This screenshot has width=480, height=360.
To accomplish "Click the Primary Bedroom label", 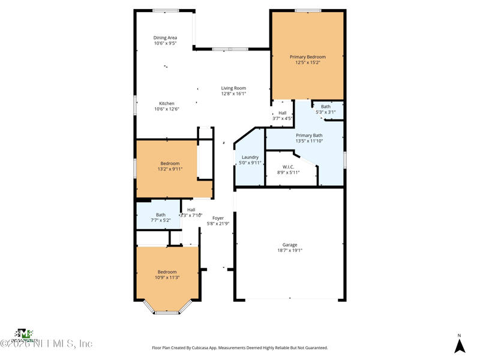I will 308,57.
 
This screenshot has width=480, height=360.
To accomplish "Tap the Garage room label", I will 290,245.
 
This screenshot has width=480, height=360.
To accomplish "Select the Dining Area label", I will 165,38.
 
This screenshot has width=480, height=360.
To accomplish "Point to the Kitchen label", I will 167,104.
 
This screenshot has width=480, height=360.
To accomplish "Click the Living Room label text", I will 233,88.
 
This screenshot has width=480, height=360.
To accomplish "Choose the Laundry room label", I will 250,157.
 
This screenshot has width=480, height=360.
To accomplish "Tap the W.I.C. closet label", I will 288,167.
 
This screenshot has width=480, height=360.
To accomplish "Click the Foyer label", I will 218,218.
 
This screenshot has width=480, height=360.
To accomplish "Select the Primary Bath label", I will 309,136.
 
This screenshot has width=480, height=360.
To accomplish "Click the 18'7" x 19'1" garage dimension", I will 290,251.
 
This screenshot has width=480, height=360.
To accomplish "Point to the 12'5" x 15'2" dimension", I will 308,62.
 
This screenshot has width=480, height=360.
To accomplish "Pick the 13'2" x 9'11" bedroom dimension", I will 170,169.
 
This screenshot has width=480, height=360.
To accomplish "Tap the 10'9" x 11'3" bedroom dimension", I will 167,277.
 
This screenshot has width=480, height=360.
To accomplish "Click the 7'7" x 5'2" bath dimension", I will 161,220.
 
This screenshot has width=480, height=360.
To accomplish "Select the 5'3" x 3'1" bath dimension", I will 326,112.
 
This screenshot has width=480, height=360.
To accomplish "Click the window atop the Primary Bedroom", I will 308,11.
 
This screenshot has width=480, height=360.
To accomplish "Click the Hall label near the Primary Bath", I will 282,113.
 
